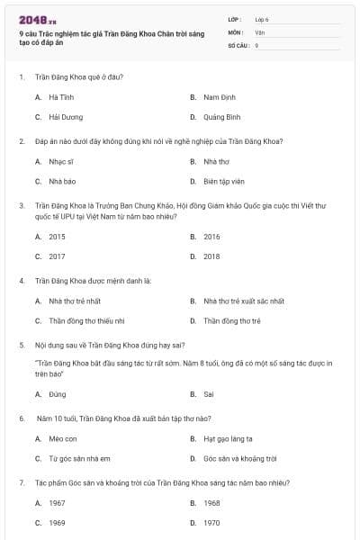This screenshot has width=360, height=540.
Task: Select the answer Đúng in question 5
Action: pyautogui.click(x=57, y=394)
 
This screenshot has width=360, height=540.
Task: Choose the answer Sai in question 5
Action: pyautogui.click(x=208, y=394)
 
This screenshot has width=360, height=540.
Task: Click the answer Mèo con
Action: pyautogui.click(x=62, y=438)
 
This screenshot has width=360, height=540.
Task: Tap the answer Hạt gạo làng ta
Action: pyautogui.click(x=228, y=438)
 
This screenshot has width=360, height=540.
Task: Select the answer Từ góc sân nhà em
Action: pyautogui.click(x=78, y=459)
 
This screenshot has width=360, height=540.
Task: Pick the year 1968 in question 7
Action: pyautogui.click(x=211, y=503)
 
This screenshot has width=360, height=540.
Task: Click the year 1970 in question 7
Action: pyautogui.click(x=211, y=523)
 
